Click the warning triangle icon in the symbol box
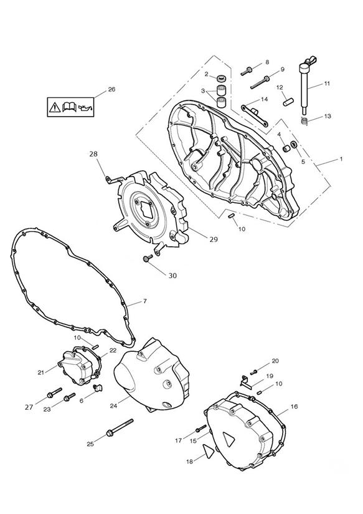[x=55, y=107]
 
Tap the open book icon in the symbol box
[x=69, y=107]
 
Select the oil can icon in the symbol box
[x=85, y=107]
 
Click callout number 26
[x=111, y=89]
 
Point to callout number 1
[x=341, y=159]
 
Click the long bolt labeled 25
[x=120, y=427]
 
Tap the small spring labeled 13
[x=304, y=121]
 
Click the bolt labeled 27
[x=54, y=392]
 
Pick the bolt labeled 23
[x=70, y=397]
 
